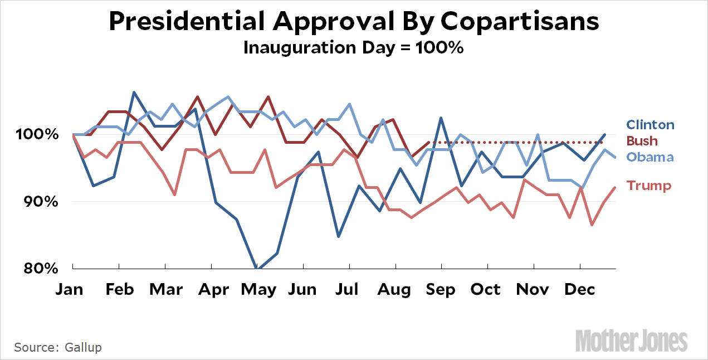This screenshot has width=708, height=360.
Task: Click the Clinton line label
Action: [x=650, y=125]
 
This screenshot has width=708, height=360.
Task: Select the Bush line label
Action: [x=642, y=140]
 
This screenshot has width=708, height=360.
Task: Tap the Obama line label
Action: [x=650, y=157]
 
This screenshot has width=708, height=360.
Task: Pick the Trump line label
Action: [x=649, y=186]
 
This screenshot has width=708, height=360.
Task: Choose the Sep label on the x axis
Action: [x=441, y=290]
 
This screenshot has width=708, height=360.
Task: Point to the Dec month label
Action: [x=580, y=290]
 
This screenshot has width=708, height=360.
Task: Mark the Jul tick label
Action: [x=348, y=290]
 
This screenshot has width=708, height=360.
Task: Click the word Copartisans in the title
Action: [x=520, y=22]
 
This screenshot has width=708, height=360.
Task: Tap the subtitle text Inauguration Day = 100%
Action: [x=354, y=47]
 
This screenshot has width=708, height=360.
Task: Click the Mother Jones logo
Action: [x=631, y=340]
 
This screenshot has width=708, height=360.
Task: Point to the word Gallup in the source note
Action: [x=82, y=347]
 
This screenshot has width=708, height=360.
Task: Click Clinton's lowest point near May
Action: [x=257, y=268]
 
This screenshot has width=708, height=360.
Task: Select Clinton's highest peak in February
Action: [x=134, y=93]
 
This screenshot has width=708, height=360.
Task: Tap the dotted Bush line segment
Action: [x=512, y=143]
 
